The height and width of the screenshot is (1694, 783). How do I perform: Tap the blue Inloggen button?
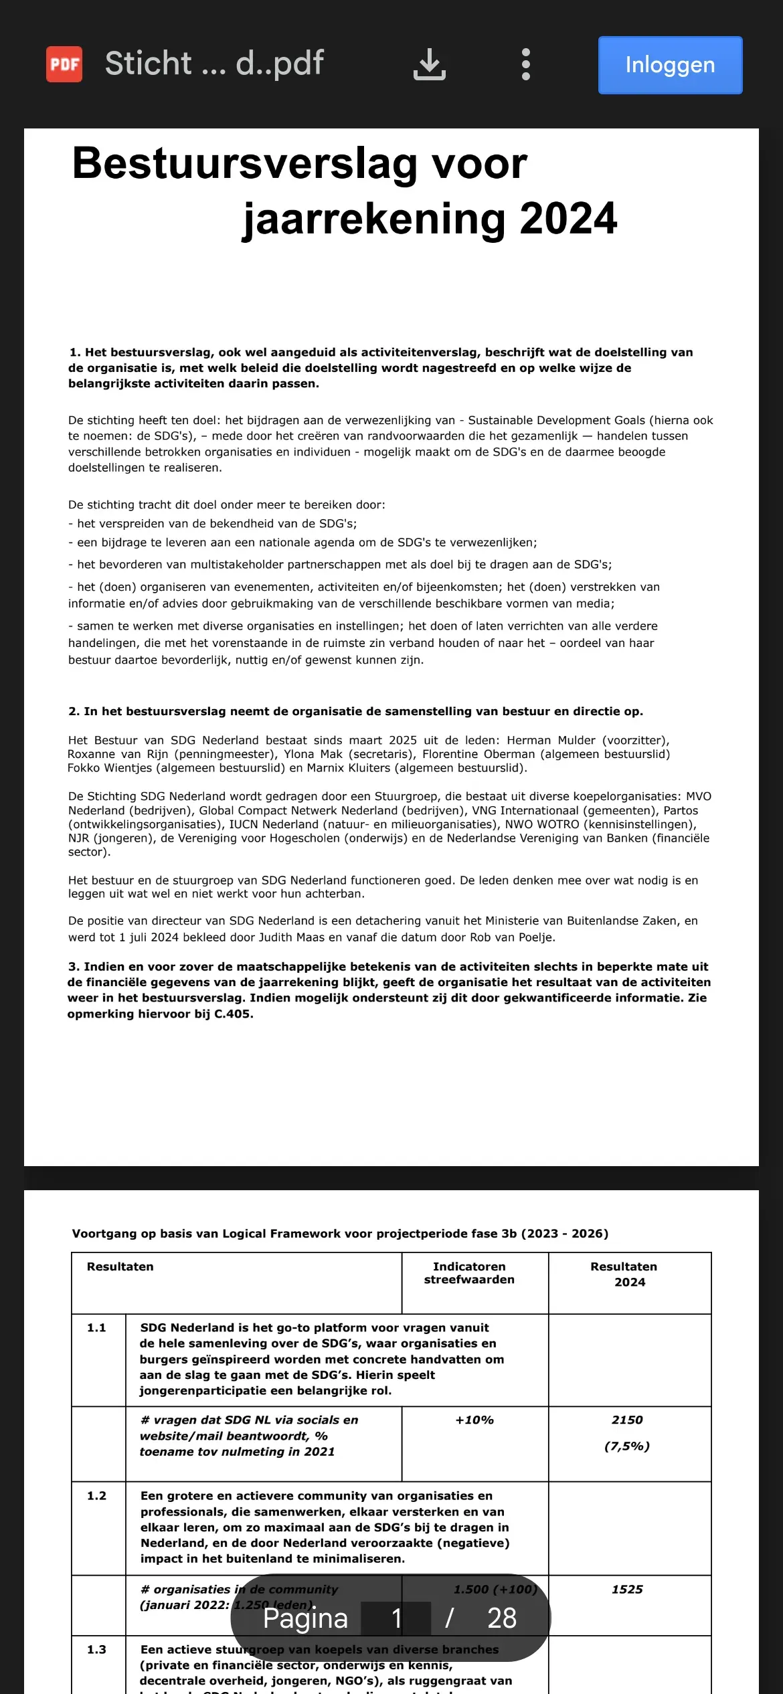pyautogui.click(x=670, y=65)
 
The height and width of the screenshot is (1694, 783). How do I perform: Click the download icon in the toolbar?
pyautogui.click(x=429, y=65)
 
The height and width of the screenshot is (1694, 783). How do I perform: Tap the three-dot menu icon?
pyautogui.click(x=526, y=65)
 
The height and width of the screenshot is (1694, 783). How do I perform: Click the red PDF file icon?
pyautogui.click(x=64, y=64)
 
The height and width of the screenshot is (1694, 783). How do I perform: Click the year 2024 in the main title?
pyautogui.click(x=568, y=219)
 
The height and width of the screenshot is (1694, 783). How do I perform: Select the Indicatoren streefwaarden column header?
pyautogui.click(x=469, y=1273)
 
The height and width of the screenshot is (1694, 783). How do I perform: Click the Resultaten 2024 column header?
pyautogui.click(x=624, y=1274)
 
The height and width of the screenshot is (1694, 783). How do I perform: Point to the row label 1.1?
pyautogui.click(x=96, y=1327)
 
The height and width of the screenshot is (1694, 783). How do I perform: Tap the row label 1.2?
pyautogui.click(x=96, y=1495)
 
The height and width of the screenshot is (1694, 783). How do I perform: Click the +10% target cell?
pyautogui.click(x=474, y=1420)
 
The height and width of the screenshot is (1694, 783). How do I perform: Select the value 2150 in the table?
pyautogui.click(x=627, y=1420)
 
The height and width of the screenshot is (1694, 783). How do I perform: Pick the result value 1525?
pyautogui.click(x=627, y=1589)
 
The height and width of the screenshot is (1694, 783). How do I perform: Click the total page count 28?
pyautogui.click(x=502, y=1618)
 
